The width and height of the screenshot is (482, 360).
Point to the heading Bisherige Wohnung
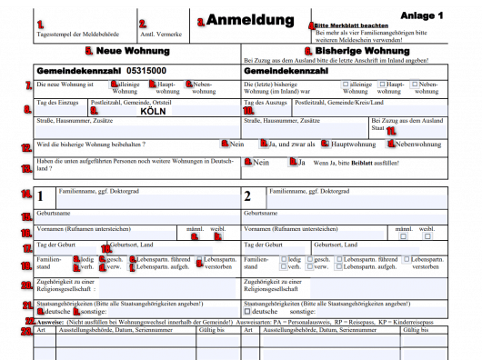[353, 51]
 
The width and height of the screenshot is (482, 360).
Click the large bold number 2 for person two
[247, 195]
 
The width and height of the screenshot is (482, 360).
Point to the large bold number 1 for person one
[40, 195]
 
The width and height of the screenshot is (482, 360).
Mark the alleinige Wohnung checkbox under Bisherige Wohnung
[343, 84]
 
